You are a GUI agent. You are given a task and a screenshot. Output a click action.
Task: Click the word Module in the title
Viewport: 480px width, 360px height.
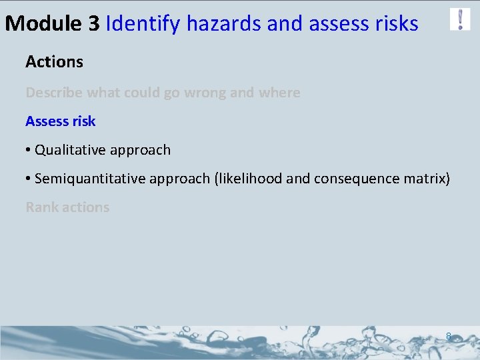(x=43, y=24)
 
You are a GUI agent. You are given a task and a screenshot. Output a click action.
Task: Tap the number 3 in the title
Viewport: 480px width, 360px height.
(x=93, y=24)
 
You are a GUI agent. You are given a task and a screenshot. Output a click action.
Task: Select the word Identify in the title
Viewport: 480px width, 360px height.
(x=143, y=25)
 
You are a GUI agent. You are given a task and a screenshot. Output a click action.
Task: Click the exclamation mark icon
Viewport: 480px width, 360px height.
(x=460, y=19)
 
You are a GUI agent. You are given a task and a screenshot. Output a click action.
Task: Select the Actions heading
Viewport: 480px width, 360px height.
(x=54, y=62)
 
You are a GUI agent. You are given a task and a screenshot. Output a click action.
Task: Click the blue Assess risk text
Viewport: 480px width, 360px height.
(x=60, y=121)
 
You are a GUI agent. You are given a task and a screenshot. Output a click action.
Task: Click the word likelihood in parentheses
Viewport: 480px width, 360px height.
(x=249, y=179)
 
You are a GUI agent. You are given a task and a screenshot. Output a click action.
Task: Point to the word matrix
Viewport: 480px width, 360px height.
(x=427, y=179)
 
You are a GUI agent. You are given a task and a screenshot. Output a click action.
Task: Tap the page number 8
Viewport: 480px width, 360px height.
(x=449, y=337)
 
